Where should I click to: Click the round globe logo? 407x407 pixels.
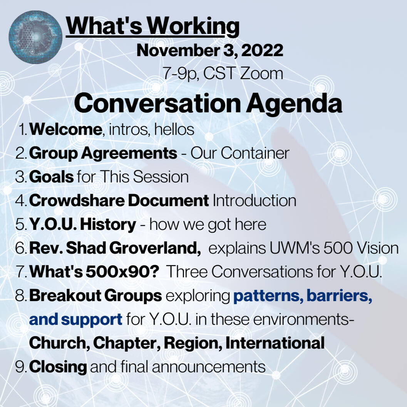[x=35, y=37]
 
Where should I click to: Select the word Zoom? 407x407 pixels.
[x=261, y=74]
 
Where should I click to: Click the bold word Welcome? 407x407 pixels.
[x=65, y=129]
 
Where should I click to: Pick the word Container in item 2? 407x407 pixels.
[x=255, y=153]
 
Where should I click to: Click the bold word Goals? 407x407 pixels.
[x=51, y=177]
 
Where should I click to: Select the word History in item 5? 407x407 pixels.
[x=108, y=224]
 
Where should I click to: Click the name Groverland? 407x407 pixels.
[x=155, y=248]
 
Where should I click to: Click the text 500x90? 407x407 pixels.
[x=122, y=272]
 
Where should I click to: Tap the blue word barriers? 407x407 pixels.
[x=339, y=296]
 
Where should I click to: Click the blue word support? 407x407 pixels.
[x=92, y=320]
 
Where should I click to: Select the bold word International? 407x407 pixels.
[x=275, y=343]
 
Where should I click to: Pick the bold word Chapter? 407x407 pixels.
[x=127, y=343]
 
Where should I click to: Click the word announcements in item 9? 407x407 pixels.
[x=209, y=367]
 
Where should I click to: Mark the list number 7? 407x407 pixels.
[x=21, y=272]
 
